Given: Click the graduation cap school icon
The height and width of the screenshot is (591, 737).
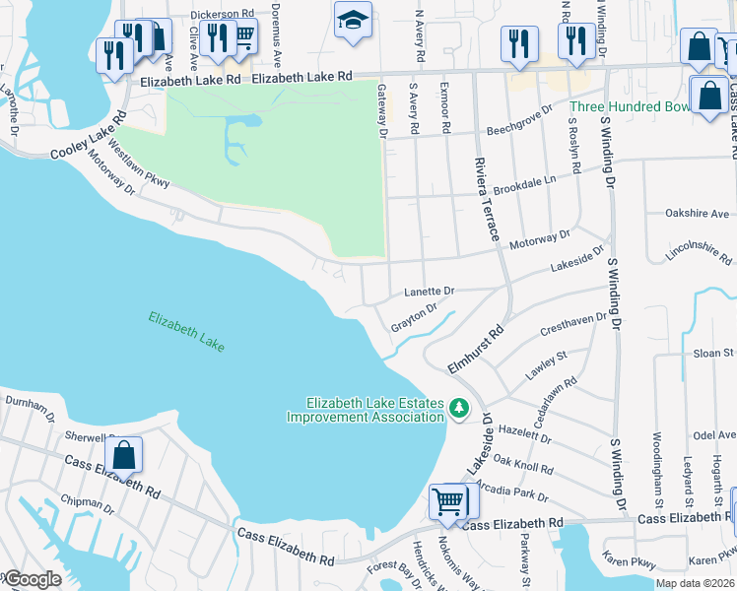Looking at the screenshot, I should [351, 21].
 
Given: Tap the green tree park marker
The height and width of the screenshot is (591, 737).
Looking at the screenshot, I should [458, 408].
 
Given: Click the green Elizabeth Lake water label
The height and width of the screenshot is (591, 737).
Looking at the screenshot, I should [186, 332].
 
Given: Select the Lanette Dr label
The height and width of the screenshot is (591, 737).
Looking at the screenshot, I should [430, 292].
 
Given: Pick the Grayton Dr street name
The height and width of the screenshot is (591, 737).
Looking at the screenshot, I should [414, 318].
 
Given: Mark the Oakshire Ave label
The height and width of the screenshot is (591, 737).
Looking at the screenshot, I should [697, 213].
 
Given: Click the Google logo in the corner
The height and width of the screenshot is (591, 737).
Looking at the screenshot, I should [32, 579].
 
